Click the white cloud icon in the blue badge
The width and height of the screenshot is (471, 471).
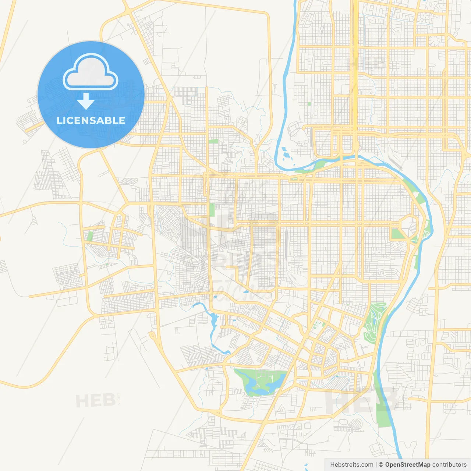click(x=91, y=72)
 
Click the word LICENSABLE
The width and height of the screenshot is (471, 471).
click(x=91, y=120)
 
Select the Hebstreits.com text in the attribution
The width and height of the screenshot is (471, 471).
click(x=351, y=465)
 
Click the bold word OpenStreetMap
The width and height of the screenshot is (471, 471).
click(x=408, y=465)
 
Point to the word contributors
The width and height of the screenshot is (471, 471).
click(x=449, y=465)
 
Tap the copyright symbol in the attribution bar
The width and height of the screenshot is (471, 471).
click(x=381, y=465)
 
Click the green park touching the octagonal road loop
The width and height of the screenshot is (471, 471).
click(x=397, y=234)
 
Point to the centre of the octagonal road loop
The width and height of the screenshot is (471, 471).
click(x=409, y=229)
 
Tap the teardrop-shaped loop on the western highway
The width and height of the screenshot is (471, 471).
click(x=152, y=336)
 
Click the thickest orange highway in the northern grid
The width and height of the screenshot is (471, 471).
click(x=355, y=74)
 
